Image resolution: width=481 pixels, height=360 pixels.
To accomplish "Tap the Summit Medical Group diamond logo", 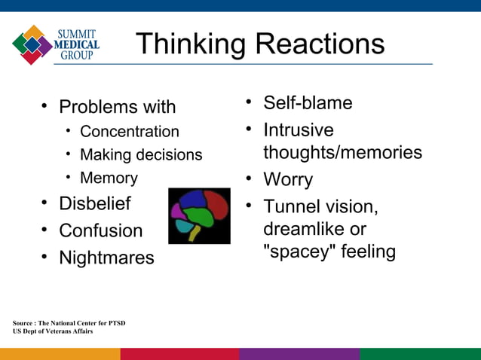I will (x=32, y=44).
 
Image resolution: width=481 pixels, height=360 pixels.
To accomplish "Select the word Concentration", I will (x=130, y=132).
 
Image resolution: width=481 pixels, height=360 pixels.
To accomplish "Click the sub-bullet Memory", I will (x=109, y=178).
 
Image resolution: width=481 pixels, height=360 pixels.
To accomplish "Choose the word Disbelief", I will (x=94, y=203).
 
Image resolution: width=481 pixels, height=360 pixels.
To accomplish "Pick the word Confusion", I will (x=100, y=230).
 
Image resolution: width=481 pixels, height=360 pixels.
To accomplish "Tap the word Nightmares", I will (x=106, y=258).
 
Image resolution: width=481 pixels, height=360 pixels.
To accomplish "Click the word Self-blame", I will (x=308, y=102).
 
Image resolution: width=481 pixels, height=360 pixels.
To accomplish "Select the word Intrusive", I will (x=299, y=130).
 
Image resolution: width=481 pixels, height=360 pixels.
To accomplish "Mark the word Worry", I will (x=287, y=180).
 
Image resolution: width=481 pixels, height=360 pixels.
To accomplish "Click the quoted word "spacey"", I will (x=299, y=252).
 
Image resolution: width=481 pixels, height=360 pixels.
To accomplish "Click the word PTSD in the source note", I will (x=115, y=323).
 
